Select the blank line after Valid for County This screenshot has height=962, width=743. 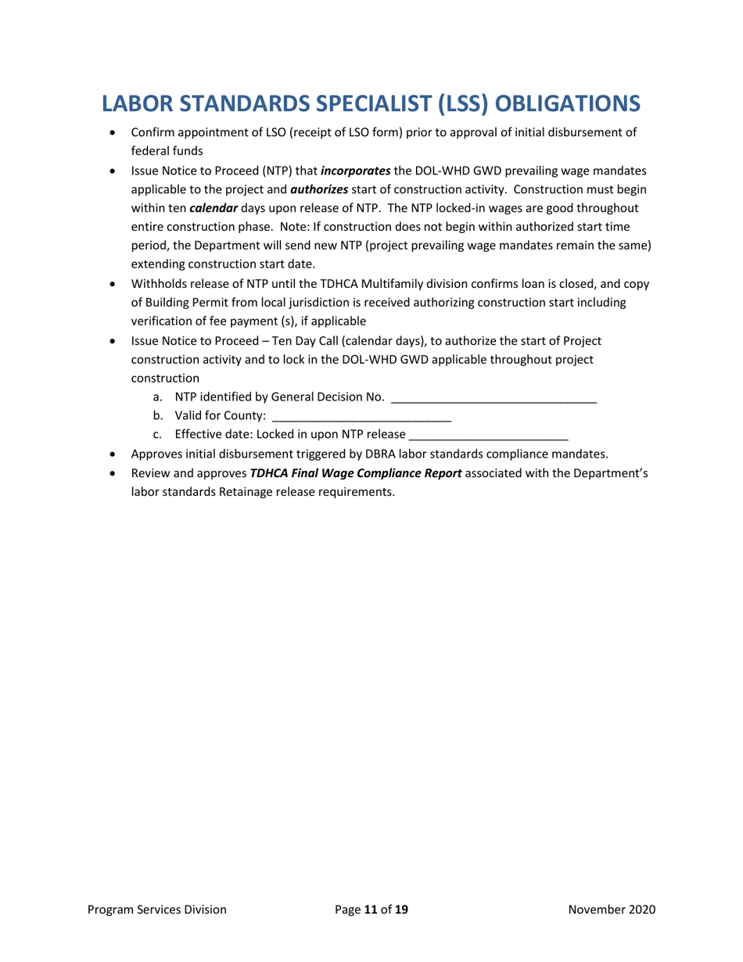[x=361, y=416]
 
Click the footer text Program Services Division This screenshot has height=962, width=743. [x=157, y=910]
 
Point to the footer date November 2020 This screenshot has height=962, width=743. [x=612, y=910]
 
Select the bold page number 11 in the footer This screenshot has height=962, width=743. [x=371, y=910]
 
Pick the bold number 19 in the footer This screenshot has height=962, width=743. [x=401, y=910]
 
